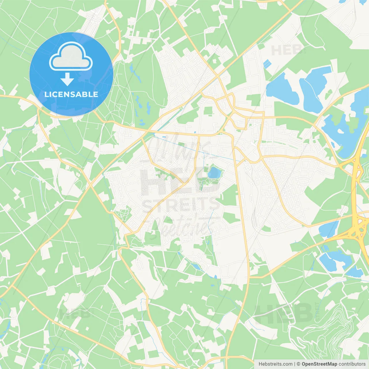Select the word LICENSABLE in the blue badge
click(x=71, y=94)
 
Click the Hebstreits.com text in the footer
click(x=275, y=364)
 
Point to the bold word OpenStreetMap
click(x=319, y=364)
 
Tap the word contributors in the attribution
click(x=352, y=364)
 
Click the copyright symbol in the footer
click(x=298, y=364)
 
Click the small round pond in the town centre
click(x=214, y=173)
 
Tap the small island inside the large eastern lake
click(x=341, y=131)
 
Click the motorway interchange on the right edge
click(x=359, y=228)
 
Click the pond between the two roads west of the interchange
click(x=329, y=229)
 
